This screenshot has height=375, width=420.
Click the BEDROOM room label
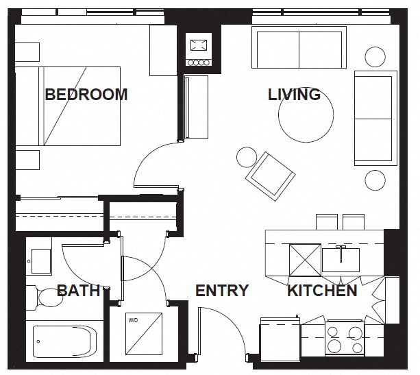[86, 95]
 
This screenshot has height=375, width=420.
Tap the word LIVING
[294, 95]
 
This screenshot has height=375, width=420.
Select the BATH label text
[78, 291]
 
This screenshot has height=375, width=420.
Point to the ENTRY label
[221, 291]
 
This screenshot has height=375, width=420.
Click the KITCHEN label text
[321, 291]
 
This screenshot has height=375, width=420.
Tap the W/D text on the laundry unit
[133, 319]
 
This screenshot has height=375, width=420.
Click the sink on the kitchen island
[341, 260]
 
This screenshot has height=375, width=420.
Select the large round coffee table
[306, 116]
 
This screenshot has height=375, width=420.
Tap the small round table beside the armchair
[247, 158]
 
